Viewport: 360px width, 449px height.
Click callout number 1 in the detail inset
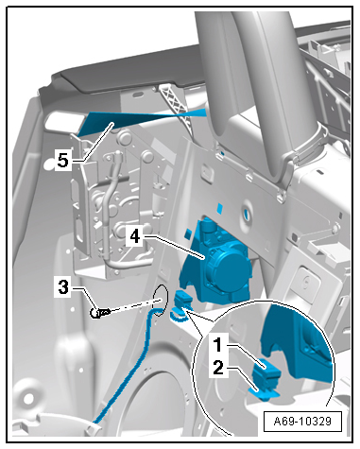pos(218,345)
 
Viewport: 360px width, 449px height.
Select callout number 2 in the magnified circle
pos(218,367)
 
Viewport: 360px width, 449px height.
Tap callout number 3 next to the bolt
pos(63,287)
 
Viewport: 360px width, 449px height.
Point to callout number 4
pos(135,235)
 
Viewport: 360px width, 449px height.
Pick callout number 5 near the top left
pos(62,161)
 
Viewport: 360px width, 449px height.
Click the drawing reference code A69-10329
pos(302,421)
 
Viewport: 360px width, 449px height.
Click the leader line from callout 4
pos(174,247)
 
